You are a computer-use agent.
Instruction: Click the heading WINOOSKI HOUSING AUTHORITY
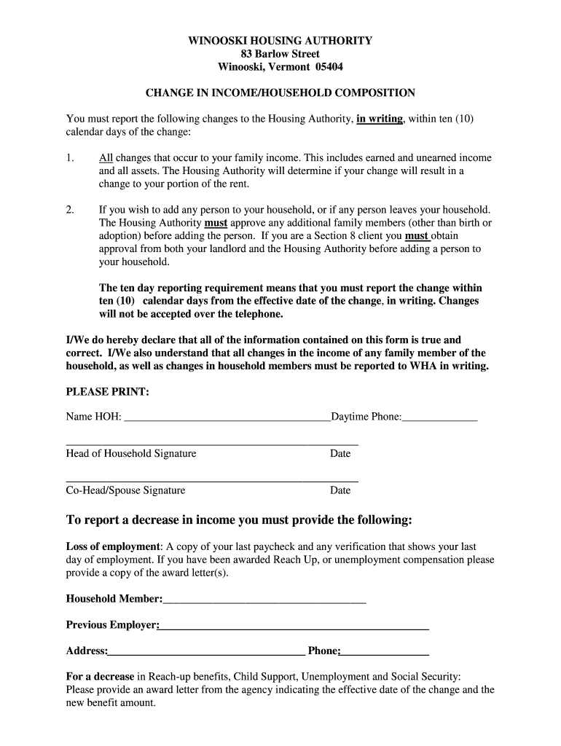(280, 42)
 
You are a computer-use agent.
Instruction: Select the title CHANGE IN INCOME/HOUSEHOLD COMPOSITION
(280, 93)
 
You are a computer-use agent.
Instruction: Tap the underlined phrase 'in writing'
(380, 119)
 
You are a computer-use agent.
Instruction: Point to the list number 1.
(70, 158)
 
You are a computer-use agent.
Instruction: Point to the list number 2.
(70, 210)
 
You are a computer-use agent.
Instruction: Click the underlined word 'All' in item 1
(106, 158)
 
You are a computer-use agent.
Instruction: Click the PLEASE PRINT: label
(108, 392)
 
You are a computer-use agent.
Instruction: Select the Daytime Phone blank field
(440, 418)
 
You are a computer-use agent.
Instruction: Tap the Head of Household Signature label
(131, 454)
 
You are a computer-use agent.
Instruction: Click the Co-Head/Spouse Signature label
(125, 491)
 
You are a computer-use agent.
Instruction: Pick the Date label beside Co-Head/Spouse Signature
(340, 491)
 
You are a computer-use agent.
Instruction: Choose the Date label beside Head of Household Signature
(340, 454)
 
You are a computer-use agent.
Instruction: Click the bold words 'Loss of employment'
(113, 546)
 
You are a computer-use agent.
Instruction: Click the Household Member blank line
(264, 600)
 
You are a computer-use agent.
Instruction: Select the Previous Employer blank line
(294, 626)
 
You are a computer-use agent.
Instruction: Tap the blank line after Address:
(206, 652)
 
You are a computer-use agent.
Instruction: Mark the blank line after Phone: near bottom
(385, 652)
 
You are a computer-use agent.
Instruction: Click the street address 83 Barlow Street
(280, 55)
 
